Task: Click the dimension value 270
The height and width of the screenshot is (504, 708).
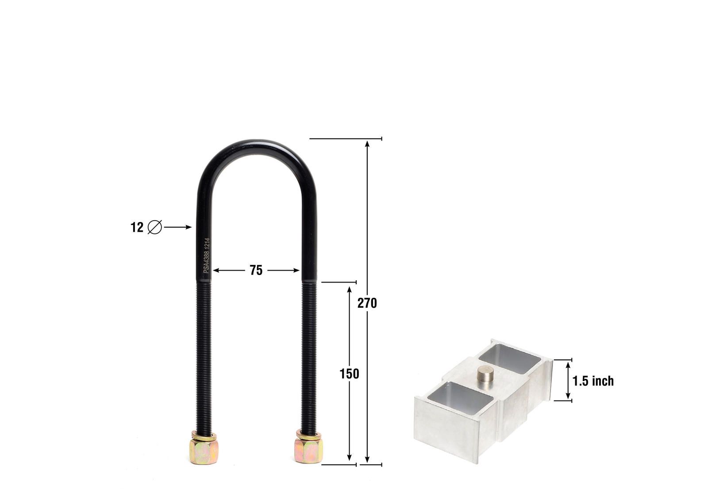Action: [367, 303]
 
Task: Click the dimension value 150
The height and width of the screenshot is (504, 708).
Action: [349, 374]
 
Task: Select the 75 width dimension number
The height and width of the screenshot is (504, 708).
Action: [256, 270]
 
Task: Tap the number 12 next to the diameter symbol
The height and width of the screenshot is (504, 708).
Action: [137, 227]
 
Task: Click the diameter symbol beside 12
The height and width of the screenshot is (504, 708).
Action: [155, 227]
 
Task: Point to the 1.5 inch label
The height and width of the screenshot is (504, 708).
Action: [593, 381]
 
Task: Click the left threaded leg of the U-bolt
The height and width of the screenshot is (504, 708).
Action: [204, 354]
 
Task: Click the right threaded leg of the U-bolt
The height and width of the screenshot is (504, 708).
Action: [309, 354]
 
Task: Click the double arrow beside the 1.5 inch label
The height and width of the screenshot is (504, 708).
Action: [568, 380]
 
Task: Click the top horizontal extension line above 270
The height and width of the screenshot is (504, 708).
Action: [345, 139]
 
